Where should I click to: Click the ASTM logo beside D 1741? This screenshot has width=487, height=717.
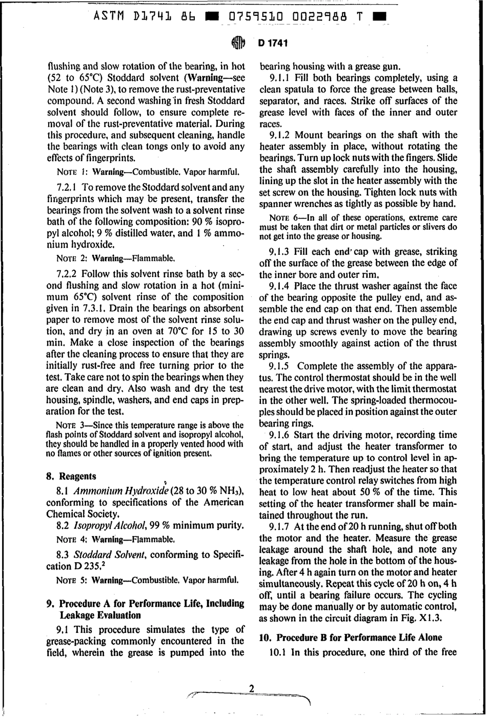[239, 43]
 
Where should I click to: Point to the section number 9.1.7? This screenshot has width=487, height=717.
[280, 527]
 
